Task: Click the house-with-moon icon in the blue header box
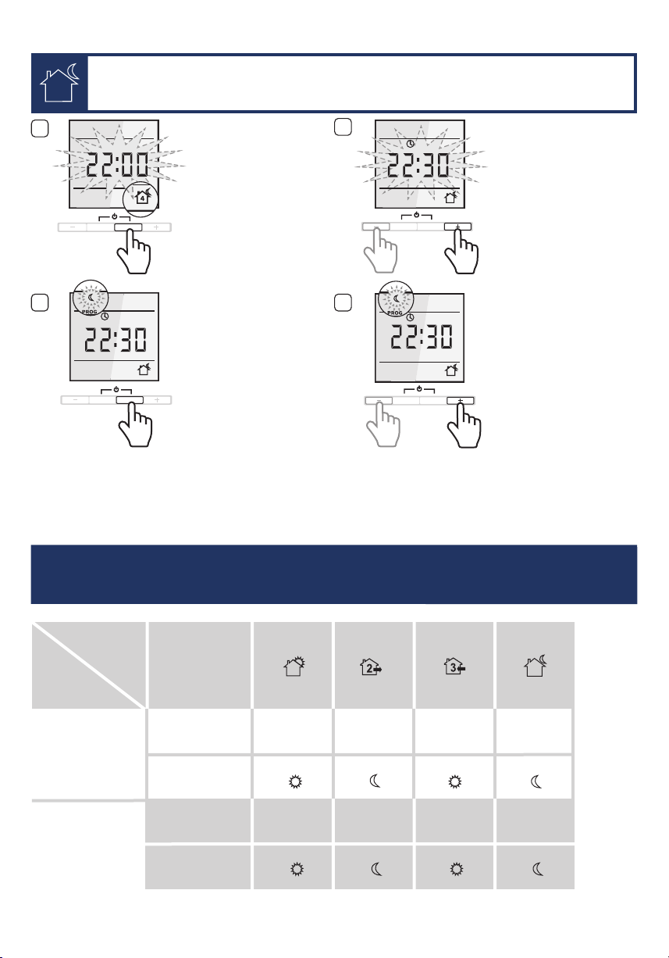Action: pyautogui.click(x=59, y=83)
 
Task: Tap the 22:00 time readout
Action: pyautogui.click(x=117, y=165)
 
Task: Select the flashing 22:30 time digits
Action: pyautogui.click(x=418, y=165)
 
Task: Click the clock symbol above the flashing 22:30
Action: pyautogui.click(x=410, y=144)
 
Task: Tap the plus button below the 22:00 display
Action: pyautogui.click(x=156, y=227)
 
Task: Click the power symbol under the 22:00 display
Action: pyautogui.click(x=115, y=216)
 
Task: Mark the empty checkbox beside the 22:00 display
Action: pyautogui.click(x=40, y=129)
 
